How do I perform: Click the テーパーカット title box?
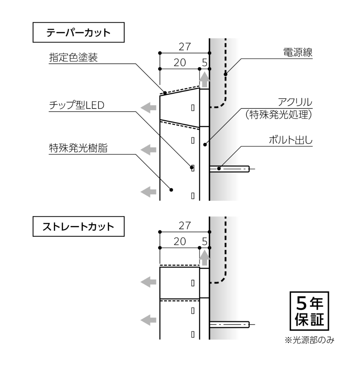coord(78,32)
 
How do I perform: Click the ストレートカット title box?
coord(78,226)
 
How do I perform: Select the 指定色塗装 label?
coord(73,57)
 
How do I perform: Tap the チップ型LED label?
coord(77,105)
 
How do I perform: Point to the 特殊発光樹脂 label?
coord(78,148)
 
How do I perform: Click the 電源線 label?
coord(298,52)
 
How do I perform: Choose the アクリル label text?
coord(295,102)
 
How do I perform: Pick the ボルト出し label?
coord(290,140)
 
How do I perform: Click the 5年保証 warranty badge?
coord(309,311)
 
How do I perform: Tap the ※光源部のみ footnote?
coord(309,340)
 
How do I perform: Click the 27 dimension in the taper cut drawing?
coord(185,47)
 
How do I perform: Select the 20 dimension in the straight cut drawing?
coord(180,241)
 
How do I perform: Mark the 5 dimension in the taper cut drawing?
coord(205,63)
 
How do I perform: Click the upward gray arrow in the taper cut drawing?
coord(205,80)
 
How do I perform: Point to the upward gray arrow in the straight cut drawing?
coord(205,258)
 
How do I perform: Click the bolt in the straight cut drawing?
coord(230,324)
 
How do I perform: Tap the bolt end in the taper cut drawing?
coord(248,169)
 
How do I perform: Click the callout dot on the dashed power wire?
coord(225,74)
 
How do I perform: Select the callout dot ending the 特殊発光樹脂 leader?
coord(171,190)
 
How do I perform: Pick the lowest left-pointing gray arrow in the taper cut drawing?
coord(148,192)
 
